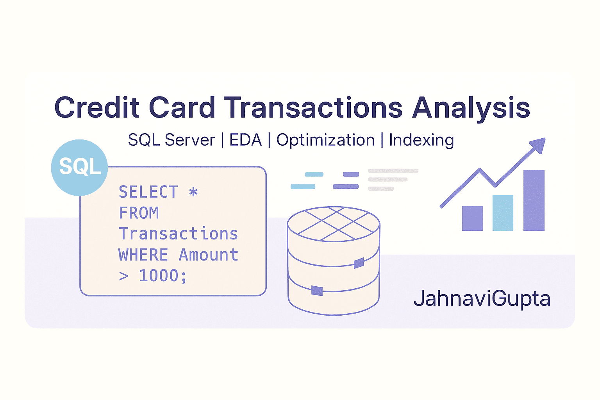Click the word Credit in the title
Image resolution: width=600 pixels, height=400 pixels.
tap(97, 107)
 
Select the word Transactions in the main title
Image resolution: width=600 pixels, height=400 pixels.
tap(313, 107)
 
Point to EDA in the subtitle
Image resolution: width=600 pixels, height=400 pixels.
tap(245, 140)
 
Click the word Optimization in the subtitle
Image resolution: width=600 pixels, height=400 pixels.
tap(325, 141)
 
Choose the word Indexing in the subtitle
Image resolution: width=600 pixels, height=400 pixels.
tap(421, 141)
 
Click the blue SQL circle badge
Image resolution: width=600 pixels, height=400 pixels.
tap(80, 168)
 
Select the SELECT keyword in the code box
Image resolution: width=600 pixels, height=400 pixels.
tap(148, 192)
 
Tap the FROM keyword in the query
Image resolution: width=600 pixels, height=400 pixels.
tap(139, 213)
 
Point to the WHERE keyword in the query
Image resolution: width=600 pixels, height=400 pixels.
tap(143, 255)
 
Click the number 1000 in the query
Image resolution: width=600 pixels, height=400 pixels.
tap(159, 275)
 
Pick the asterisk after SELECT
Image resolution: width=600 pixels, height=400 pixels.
tap(193, 192)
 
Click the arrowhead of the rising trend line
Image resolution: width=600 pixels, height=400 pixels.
tap(538, 145)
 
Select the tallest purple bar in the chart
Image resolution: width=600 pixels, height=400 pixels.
tap(534, 200)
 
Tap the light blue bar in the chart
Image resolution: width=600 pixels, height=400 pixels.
tap(503, 213)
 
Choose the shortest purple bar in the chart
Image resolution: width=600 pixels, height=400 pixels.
tap(473, 218)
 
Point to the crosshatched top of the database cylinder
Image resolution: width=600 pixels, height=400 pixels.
tap(334, 224)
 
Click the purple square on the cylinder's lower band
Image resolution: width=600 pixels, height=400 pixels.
tap(317, 291)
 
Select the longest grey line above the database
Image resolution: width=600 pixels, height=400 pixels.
tap(393, 171)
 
